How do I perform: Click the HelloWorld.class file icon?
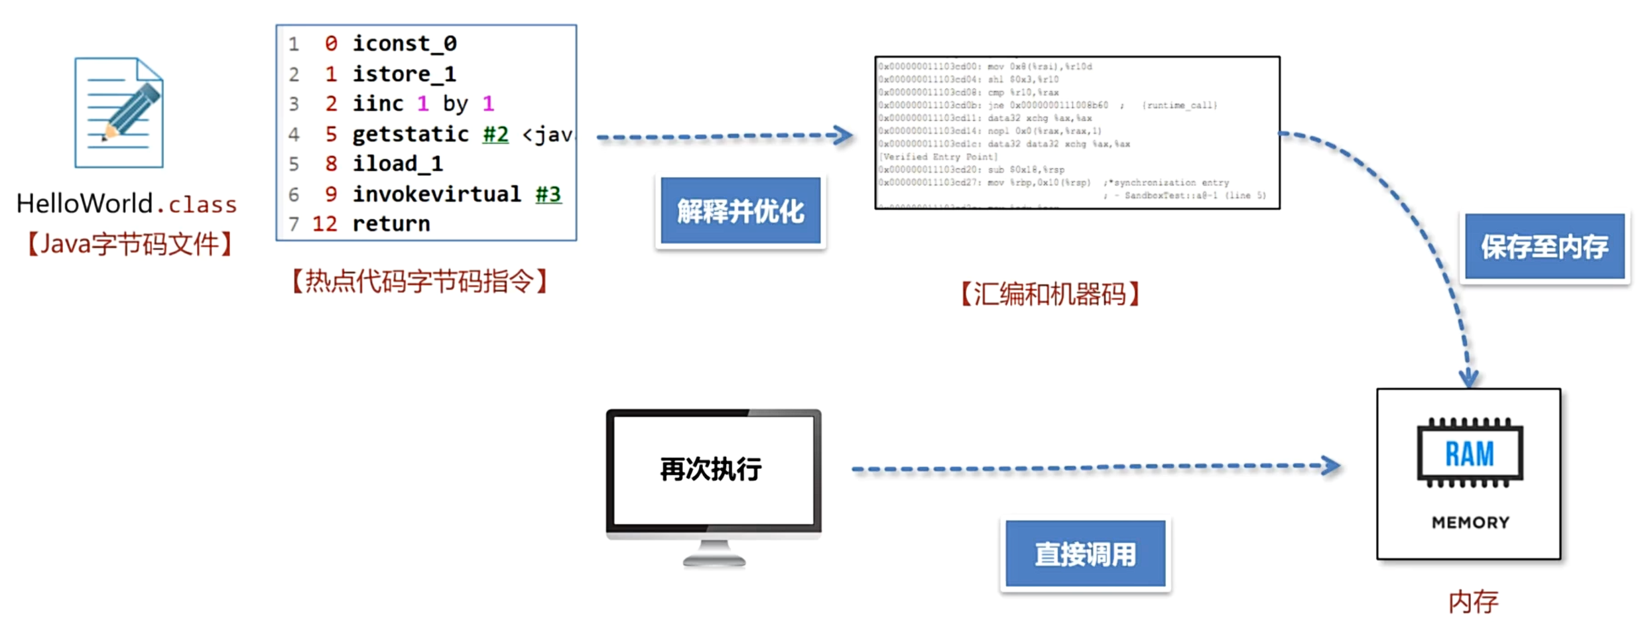(119, 113)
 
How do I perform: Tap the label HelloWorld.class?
(126, 204)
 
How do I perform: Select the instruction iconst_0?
(404, 44)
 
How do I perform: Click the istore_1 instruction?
(404, 74)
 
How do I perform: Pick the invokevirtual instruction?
(436, 194)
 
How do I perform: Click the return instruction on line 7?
(391, 224)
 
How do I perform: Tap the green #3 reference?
(548, 194)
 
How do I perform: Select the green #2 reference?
(495, 134)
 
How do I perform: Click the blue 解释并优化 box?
(740, 211)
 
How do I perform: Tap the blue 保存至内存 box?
(1544, 247)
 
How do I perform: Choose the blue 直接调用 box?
(1085, 554)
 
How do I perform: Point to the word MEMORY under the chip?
(1470, 523)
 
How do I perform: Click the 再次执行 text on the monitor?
(711, 469)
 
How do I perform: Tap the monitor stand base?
(714, 560)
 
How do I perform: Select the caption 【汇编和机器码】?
(1050, 294)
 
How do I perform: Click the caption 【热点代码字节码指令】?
(419, 281)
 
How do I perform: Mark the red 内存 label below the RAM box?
(1473, 602)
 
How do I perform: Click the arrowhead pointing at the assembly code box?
(844, 135)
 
